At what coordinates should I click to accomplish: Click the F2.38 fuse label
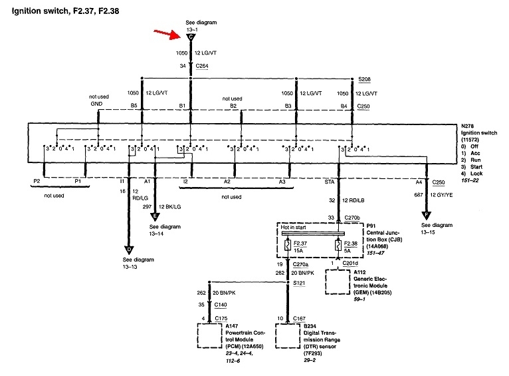[x=350, y=244]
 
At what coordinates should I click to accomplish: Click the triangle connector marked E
[x=155, y=215]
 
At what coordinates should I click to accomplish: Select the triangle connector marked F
[x=425, y=214]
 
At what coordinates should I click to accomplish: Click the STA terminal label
[x=330, y=181]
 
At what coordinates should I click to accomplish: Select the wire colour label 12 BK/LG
[x=177, y=206]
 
